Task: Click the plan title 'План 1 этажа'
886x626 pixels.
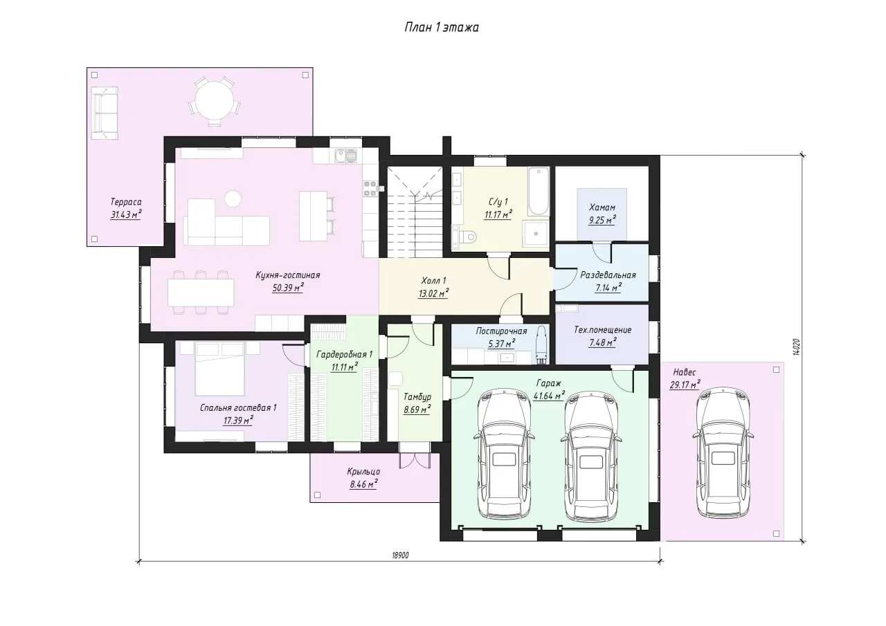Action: [442, 27]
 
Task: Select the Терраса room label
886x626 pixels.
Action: [126, 202]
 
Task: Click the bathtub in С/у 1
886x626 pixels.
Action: [539, 192]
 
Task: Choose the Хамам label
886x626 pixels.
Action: [602, 208]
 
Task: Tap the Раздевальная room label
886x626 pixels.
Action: [608, 275]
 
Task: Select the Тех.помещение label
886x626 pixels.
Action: [602, 329]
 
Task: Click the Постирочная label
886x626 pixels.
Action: [501, 331]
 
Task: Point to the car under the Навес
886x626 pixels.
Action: [723, 452]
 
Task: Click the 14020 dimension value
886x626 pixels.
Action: [797, 347]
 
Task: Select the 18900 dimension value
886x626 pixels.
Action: [400, 555]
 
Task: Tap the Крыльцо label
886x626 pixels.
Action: [363, 471]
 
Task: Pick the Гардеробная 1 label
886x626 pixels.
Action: [345, 354]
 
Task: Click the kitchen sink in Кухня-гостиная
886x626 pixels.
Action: [345, 156]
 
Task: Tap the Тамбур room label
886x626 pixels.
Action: [417, 397]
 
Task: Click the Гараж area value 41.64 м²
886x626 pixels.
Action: [549, 395]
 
